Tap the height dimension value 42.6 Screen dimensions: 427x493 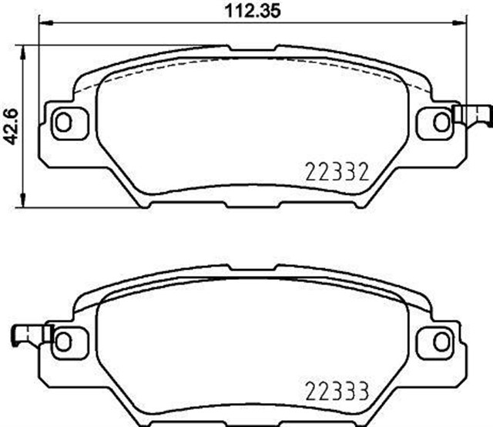coord(10,123)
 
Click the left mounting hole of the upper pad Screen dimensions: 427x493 coord(63,121)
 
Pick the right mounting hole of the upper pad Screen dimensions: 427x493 coord(440,121)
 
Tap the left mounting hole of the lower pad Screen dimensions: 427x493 coord(63,339)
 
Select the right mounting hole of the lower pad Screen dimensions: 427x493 coord(440,339)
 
